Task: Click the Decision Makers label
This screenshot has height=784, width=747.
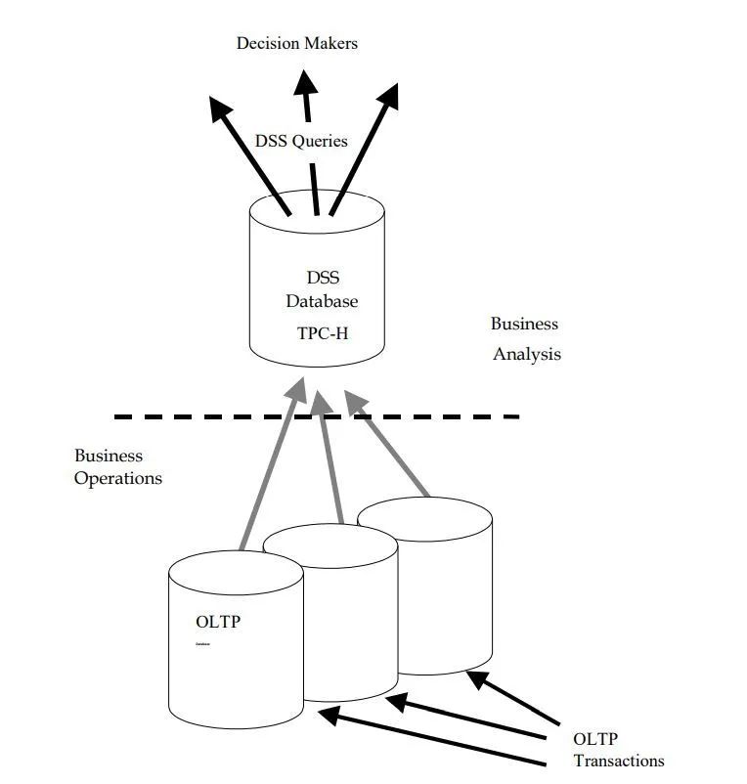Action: [297, 43]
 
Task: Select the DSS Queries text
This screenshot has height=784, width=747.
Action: [301, 141]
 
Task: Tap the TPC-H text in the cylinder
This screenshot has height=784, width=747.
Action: [323, 333]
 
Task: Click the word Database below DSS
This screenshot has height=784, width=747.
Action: [322, 302]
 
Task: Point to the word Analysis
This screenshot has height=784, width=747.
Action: [527, 354]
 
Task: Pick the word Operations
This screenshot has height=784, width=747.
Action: [118, 479]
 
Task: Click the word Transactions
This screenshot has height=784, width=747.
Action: [618, 761]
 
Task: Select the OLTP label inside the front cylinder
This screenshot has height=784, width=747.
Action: [218, 622]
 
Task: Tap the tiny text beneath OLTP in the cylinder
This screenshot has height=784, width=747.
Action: [202, 644]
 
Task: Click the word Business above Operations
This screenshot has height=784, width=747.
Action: [109, 456]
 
